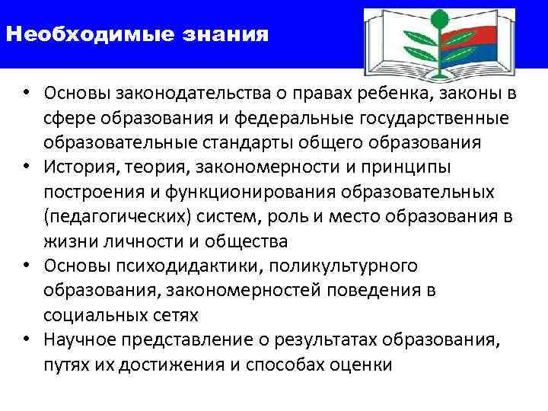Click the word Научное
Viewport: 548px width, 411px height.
[x=77, y=339]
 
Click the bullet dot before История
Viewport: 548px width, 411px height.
[x=25, y=167]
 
